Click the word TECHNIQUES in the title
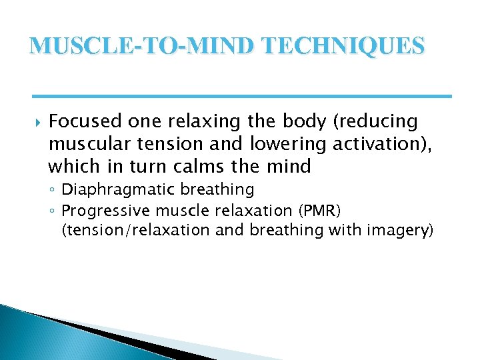tap(345, 46)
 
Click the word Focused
tap(87, 121)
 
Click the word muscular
tap(86, 143)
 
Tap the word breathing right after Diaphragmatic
tap(223, 190)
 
